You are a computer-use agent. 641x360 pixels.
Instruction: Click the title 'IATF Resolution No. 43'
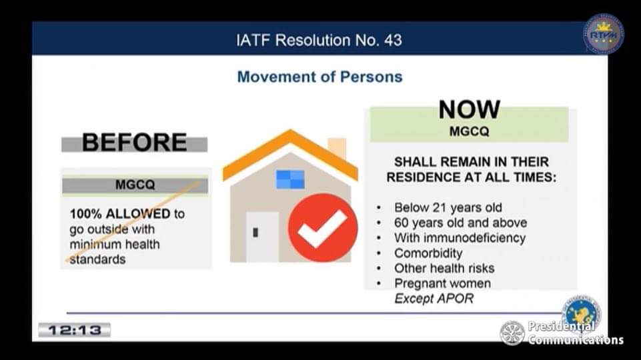(319, 40)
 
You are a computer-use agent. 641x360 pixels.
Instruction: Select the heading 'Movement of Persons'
(319, 77)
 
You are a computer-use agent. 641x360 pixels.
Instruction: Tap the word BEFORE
(135, 142)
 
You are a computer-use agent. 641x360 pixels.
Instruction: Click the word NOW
(469, 109)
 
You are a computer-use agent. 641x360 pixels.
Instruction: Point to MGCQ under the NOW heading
(469, 131)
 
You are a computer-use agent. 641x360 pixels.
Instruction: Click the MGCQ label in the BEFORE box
(135, 185)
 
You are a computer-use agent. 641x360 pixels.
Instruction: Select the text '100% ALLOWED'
(120, 214)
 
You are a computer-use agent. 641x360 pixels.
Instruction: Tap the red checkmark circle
(323, 227)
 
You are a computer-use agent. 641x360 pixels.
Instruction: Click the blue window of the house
(290, 179)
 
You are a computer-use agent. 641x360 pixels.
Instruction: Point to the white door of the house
(262, 237)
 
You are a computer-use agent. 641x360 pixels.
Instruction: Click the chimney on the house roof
(337, 148)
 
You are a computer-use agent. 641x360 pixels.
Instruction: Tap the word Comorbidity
(428, 253)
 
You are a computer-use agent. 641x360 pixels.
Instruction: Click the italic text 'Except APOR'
(434, 299)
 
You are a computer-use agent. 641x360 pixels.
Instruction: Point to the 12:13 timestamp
(75, 330)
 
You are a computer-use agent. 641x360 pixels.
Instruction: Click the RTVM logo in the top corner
(604, 34)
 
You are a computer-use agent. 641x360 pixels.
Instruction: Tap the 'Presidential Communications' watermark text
(576, 333)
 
